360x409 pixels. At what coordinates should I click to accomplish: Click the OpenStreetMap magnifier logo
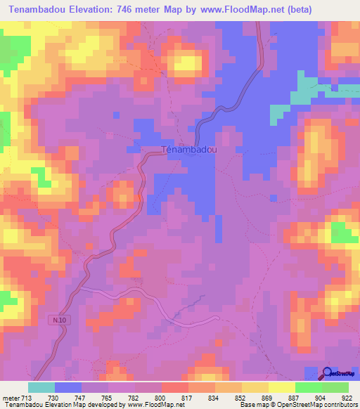point(328,375)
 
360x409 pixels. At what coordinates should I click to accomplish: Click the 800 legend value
point(161,397)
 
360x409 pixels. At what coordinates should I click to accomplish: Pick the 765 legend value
point(108,397)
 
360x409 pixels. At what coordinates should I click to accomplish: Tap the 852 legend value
point(241,397)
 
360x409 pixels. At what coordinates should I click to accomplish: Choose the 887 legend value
point(295,397)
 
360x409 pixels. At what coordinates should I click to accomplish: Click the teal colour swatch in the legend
point(41,387)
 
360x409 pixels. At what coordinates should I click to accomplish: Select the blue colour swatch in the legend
point(68,387)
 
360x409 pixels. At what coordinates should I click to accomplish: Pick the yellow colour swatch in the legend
point(281,387)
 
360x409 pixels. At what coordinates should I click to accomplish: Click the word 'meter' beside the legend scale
point(11,397)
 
